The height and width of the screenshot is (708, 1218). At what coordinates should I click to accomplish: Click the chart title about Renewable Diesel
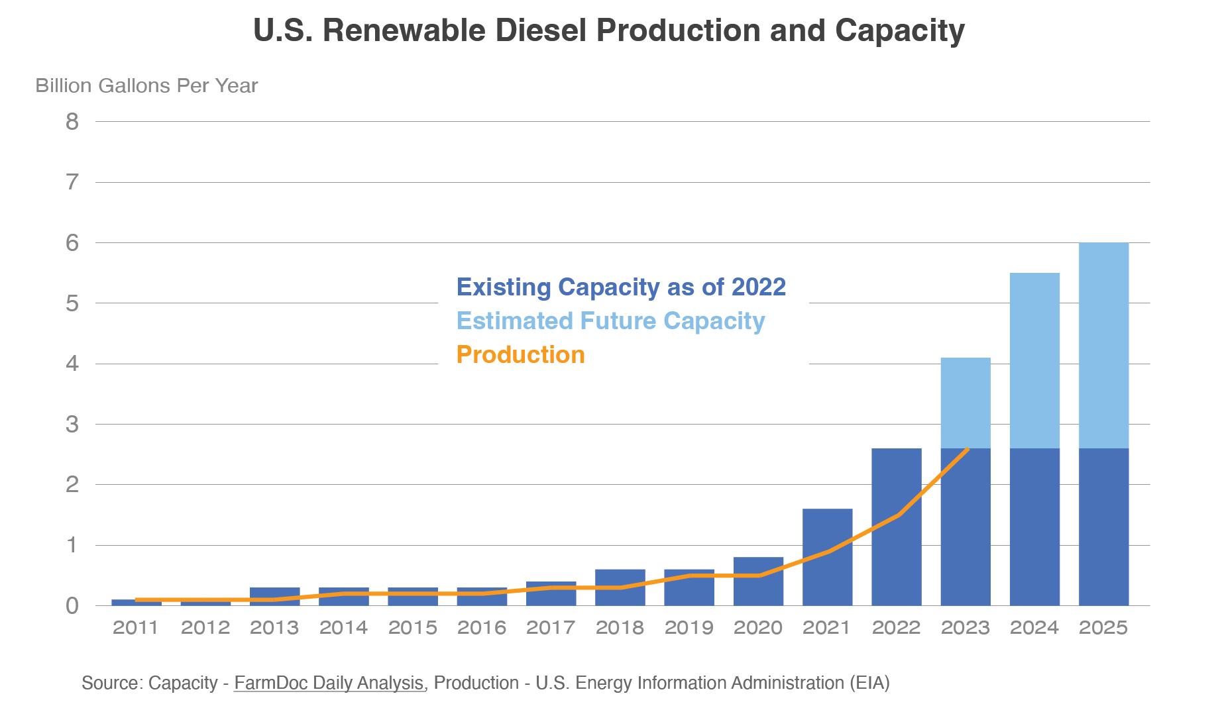click(x=608, y=30)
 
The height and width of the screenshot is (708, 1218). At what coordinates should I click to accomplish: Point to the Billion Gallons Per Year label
click(x=146, y=86)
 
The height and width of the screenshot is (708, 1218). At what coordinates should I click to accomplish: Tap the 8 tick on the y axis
click(x=72, y=122)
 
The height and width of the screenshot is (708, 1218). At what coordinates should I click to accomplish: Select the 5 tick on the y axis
click(x=72, y=303)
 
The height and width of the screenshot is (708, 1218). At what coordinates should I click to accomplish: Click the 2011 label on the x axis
click(x=136, y=627)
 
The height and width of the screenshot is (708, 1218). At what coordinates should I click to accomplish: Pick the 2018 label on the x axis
click(x=620, y=627)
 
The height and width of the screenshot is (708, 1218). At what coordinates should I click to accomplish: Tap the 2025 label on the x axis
click(x=1103, y=627)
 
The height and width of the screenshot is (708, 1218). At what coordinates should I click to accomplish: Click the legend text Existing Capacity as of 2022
click(x=621, y=287)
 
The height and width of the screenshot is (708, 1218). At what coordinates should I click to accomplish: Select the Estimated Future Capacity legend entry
click(x=610, y=321)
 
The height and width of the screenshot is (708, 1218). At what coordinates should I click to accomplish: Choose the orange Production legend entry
click(x=520, y=354)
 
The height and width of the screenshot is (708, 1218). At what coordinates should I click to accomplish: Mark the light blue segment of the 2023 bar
click(x=966, y=403)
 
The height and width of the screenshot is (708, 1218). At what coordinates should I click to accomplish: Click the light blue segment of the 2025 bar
click(x=1103, y=344)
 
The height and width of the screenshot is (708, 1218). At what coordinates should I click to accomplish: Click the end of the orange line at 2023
click(x=968, y=449)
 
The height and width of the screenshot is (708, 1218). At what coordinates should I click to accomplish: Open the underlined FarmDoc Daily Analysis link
click(x=329, y=683)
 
